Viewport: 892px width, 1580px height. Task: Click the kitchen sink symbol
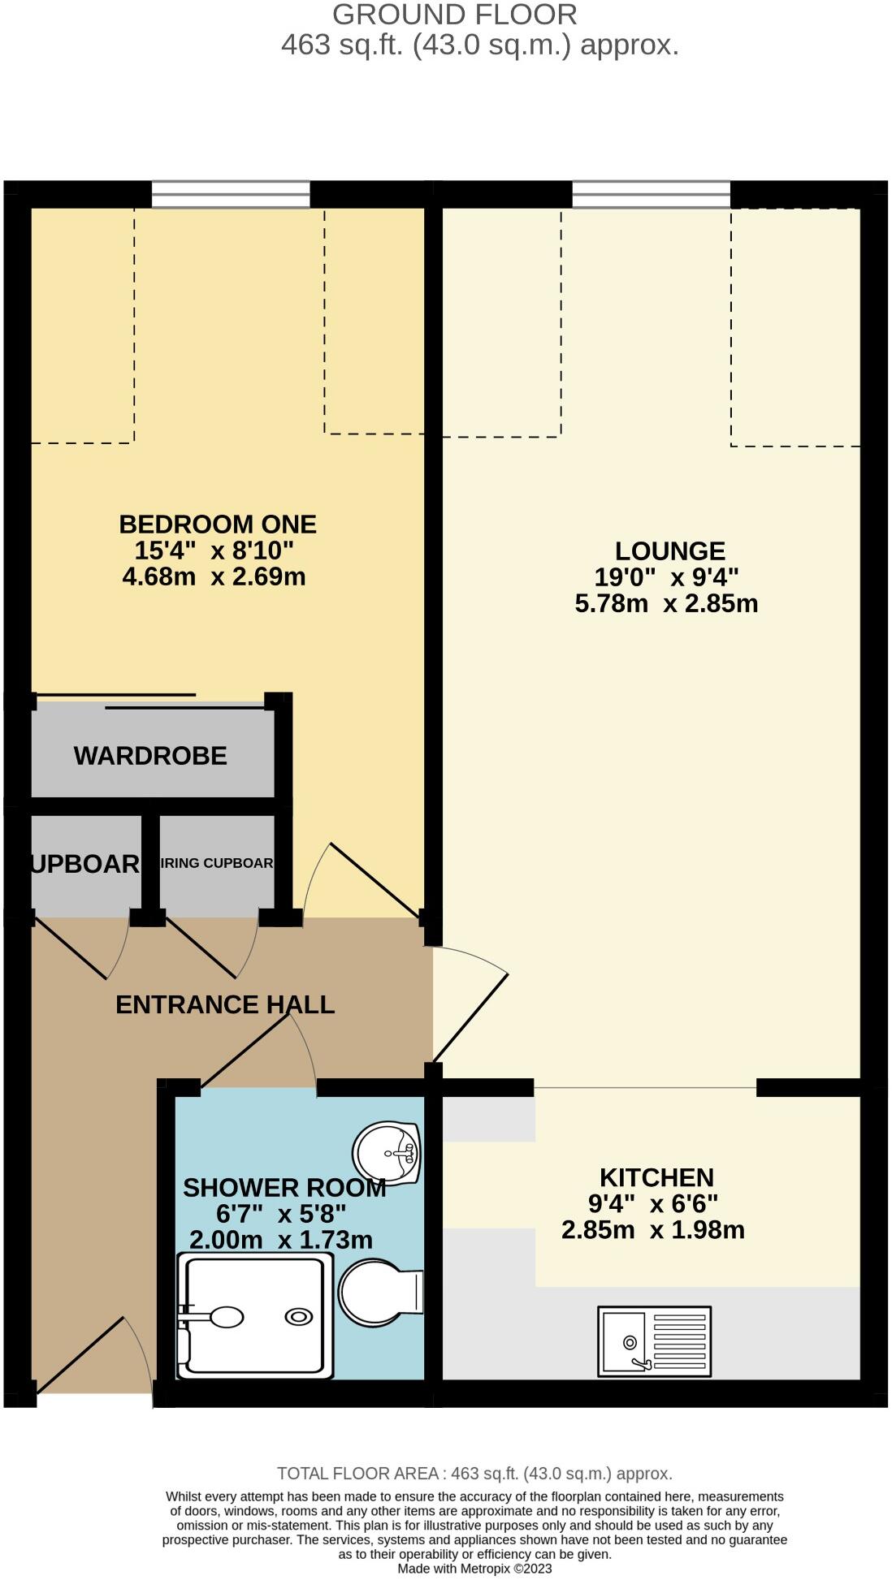pos(654,1340)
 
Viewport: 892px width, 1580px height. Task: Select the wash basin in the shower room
pos(388,1151)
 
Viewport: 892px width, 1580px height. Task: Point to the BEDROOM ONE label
pos(218,524)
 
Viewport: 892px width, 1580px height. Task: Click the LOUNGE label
pos(669,550)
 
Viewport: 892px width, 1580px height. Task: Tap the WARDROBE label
pos(150,755)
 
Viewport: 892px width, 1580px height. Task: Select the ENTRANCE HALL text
pos(225,1004)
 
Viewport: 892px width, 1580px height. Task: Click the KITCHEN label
pos(656,1176)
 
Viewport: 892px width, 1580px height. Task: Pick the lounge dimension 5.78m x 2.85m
pos(666,603)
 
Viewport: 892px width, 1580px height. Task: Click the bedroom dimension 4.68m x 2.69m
pos(214,576)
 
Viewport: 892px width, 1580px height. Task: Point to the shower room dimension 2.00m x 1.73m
pos(281,1240)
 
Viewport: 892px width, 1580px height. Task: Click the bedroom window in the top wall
pos(231,195)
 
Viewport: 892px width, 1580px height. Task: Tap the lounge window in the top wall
pos(651,195)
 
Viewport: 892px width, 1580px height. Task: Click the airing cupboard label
pos(217,862)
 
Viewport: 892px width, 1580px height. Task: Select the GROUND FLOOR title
pos(455,15)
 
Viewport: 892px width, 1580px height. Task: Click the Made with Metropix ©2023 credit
pos(474,1569)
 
